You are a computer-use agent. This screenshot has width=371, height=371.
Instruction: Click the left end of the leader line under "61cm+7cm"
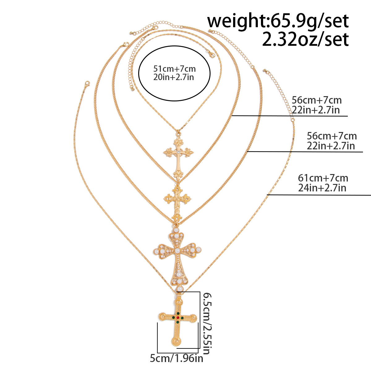click(267, 195)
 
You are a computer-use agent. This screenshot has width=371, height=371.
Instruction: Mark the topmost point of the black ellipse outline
click(174, 46)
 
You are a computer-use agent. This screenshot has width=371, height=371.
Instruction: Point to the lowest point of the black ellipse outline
click(174, 101)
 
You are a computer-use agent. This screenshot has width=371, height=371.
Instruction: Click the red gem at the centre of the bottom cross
click(178, 318)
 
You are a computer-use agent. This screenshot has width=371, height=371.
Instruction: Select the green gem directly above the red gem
click(178, 313)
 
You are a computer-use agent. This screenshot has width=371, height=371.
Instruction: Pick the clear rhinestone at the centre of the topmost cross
click(178, 153)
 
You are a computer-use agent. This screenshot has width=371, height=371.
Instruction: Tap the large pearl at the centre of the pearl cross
click(177, 250)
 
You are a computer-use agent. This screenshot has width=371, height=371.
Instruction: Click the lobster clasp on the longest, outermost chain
click(87, 84)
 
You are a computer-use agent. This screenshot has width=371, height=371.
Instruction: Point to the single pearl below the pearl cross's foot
click(180, 289)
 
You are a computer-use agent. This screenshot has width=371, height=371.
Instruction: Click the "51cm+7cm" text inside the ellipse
click(174, 69)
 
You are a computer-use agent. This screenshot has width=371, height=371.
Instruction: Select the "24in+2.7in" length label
click(322, 188)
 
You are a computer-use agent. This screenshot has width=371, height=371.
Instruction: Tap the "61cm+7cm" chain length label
click(323, 178)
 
